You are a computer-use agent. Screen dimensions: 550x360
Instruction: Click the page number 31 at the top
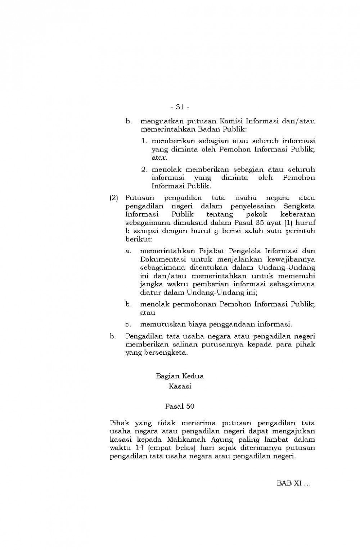coord(180,107)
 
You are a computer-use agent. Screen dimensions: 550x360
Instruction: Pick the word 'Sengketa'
coord(299,206)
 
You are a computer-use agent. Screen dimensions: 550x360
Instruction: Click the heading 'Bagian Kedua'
coord(180,376)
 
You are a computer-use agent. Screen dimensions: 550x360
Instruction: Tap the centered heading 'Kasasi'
coord(180,387)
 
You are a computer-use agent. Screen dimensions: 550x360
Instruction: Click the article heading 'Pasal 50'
coord(180,406)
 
